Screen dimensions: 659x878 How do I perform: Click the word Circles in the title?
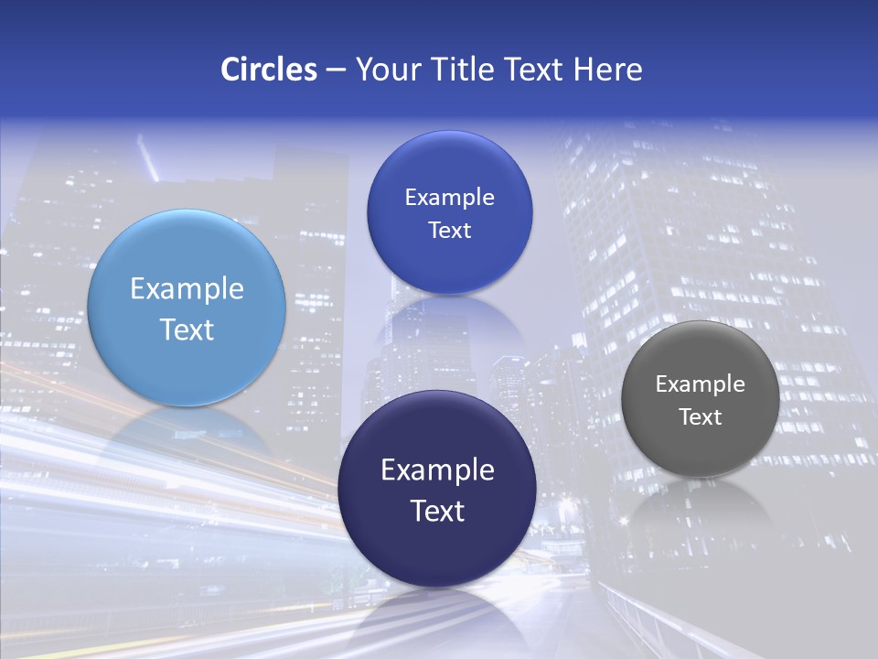tap(269, 70)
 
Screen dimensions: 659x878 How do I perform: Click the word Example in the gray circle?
tap(701, 384)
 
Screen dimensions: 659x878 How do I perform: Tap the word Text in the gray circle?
tap(701, 417)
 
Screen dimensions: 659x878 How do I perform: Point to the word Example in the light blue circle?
tap(187, 289)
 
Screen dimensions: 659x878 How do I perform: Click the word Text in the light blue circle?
tap(187, 329)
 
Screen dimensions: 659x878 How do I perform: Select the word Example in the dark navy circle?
tap(437, 470)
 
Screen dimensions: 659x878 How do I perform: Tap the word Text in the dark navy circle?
tap(437, 511)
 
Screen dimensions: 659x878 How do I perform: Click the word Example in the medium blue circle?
tap(449, 198)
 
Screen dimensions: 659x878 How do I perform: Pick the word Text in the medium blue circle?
tap(449, 231)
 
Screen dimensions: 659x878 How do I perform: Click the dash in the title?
tap(336, 70)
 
